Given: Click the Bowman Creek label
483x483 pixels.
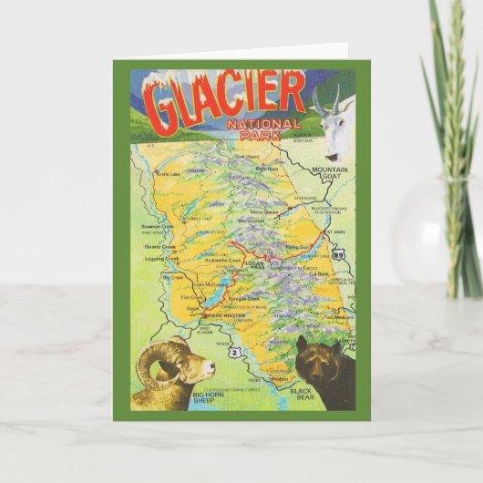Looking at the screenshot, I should point(157,225).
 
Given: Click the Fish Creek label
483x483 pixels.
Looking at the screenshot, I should point(192,296).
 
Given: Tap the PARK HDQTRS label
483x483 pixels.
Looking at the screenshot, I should point(227,314).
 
